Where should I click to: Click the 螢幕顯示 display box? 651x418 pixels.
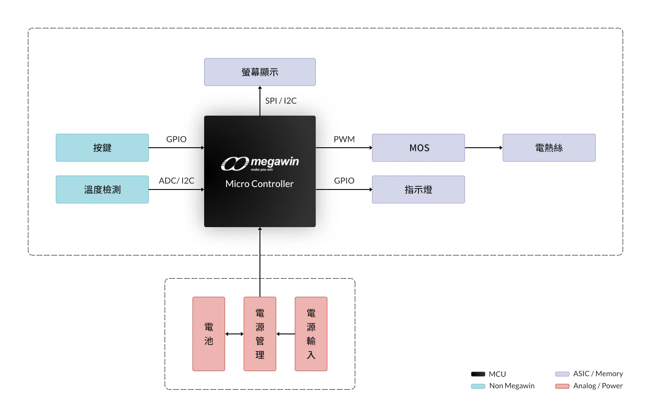pyautogui.click(x=260, y=72)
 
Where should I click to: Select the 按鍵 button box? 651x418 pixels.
pyautogui.click(x=102, y=148)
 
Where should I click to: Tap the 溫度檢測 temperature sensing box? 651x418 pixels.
pyautogui.click(x=102, y=189)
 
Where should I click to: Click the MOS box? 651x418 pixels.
pyautogui.click(x=418, y=148)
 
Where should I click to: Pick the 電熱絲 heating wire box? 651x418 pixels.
pyautogui.click(x=549, y=148)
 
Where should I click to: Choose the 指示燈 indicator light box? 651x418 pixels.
pyautogui.click(x=418, y=189)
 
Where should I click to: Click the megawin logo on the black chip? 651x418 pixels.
pyautogui.click(x=260, y=163)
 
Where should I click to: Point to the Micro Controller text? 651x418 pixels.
pyautogui.click(x=259, y=184)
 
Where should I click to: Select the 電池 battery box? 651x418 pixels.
pyautogui.click(x=209, y=334)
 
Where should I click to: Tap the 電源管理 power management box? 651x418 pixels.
pyautogui.click(x=260, y=334)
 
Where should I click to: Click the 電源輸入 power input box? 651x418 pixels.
pyautogui.click(x=311, y=334)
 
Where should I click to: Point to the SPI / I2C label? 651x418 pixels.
pyautogui.click(x=281, y=101)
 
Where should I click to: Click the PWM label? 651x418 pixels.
pyautogui.click(x=344, y=139)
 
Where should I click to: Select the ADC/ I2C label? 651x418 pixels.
pyautogui.click(x=177, y=181)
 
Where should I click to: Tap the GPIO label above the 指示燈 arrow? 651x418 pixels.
pyautogui.click(x=344, y=181)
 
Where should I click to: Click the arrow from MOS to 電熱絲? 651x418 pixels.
pyautogui.click(x=484, y=148)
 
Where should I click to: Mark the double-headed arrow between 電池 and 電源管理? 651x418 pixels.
pyautogui.click(x=234, y=334)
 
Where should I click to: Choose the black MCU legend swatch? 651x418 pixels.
pyautogui.click(x=478, y=374)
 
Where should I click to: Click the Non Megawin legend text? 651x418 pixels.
pyautogui.click(x=511, y=386)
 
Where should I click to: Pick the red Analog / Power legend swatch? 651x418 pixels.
pyautogui.click(x=562, y=386)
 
